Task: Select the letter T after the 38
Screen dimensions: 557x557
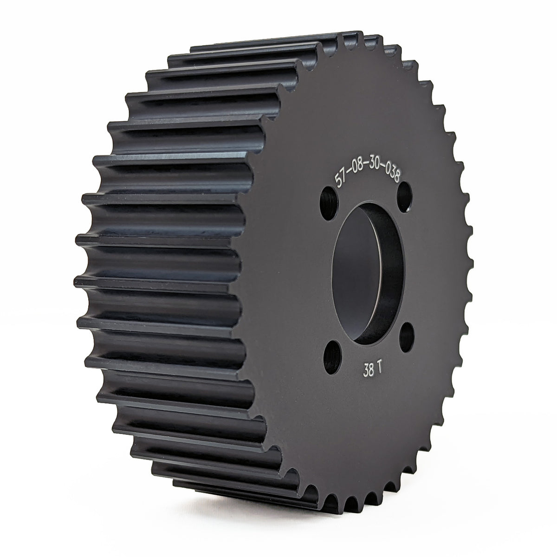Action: click(x=379, y=370)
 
